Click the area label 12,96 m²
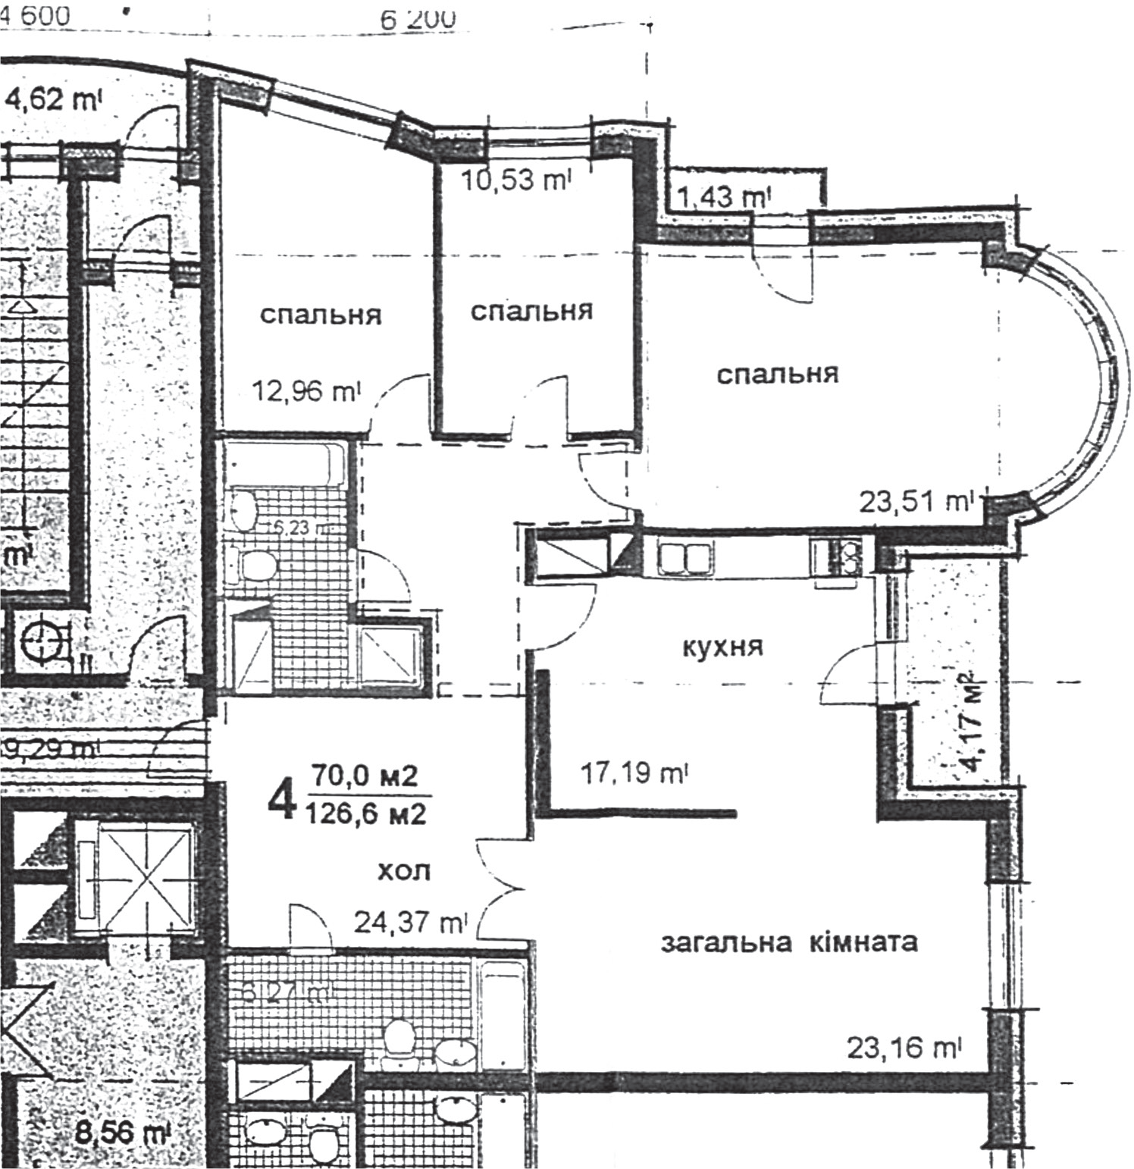click(307, 392)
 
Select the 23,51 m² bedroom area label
click(916, 501)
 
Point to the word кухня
click(723, 647)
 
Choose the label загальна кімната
click(789, 942)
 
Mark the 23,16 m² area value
click(904, 1048)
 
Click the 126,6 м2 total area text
click(366, 814)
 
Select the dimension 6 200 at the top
click(418, 20)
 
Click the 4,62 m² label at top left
click(53, 100)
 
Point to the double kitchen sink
click(684, 559)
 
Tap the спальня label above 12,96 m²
click(321, 315)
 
